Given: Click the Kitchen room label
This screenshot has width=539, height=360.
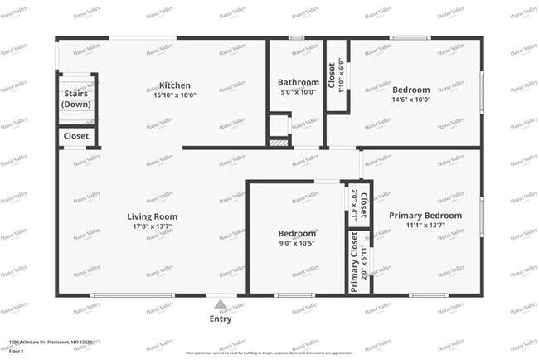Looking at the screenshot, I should pyautogui.click(x=175, y=85).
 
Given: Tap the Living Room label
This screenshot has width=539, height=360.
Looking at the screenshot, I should pyautogui.click(x=154, y=216).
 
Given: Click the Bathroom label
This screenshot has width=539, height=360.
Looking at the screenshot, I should pyautogui.click(x=298, y=83).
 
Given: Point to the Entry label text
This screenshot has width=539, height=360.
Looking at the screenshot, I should pyautogui.click(x=221, y=319).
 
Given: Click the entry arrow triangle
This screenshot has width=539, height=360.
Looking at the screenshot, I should pyautogui.click(x=220, y=304).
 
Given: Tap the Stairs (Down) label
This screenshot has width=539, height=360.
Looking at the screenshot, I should pyautogui.click(x=77, y=99).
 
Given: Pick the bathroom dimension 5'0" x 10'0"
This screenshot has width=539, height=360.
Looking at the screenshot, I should pyautogui.click(x=297, y=93).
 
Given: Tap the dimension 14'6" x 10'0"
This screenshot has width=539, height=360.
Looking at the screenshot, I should pyautogui.click(x=411, y=100).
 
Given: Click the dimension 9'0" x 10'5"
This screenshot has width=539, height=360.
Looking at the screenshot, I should pyautogui.click(x=297, y=244).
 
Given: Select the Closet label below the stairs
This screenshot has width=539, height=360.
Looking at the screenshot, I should pyautogui.click(x=76, y=136).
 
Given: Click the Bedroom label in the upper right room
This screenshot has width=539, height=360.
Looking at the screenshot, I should pyautogui.click(x=411, y=90).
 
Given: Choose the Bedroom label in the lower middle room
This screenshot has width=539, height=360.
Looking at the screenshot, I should pyautogui.click(x=297, y=234).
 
